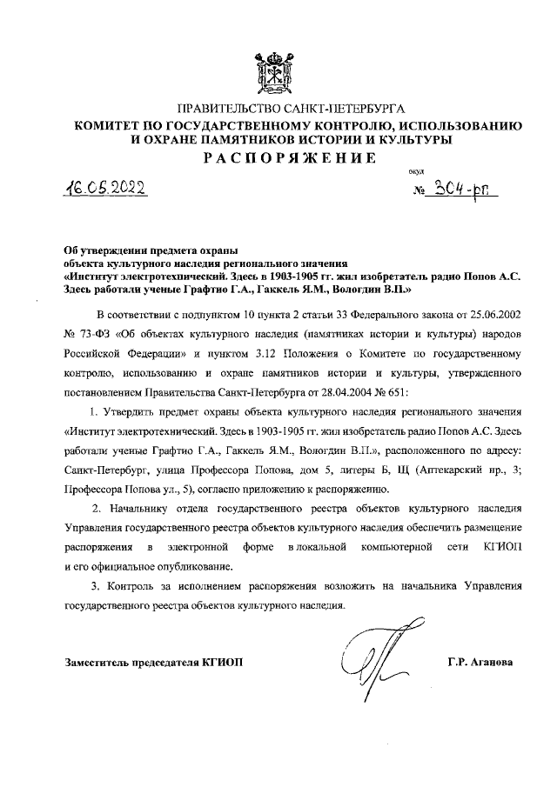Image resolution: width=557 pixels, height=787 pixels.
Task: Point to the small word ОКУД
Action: (416, 173)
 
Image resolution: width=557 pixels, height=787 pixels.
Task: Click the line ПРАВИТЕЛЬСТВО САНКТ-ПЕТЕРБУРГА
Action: (278, 110)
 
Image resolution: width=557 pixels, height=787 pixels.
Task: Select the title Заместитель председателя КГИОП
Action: (154, 663)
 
